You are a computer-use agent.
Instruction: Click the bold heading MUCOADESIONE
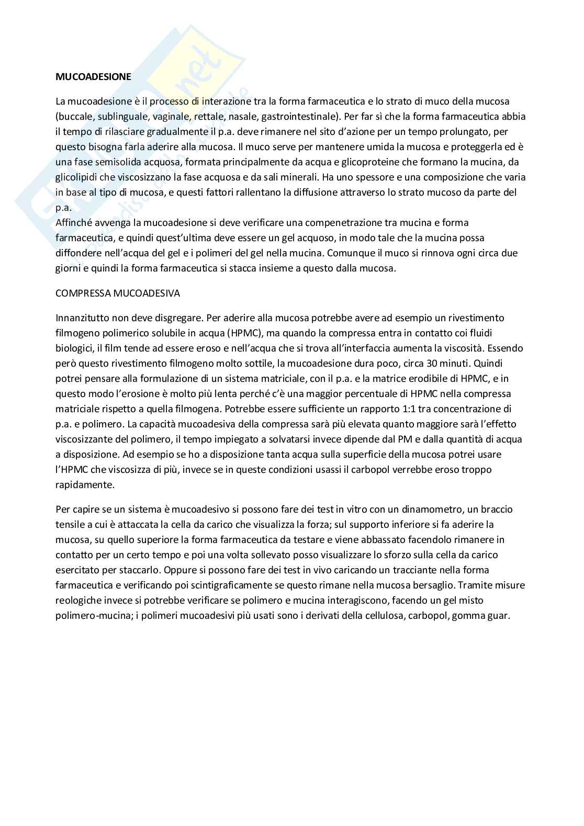coord(93,76)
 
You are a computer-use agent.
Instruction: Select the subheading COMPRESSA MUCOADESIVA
coord(118,293)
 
